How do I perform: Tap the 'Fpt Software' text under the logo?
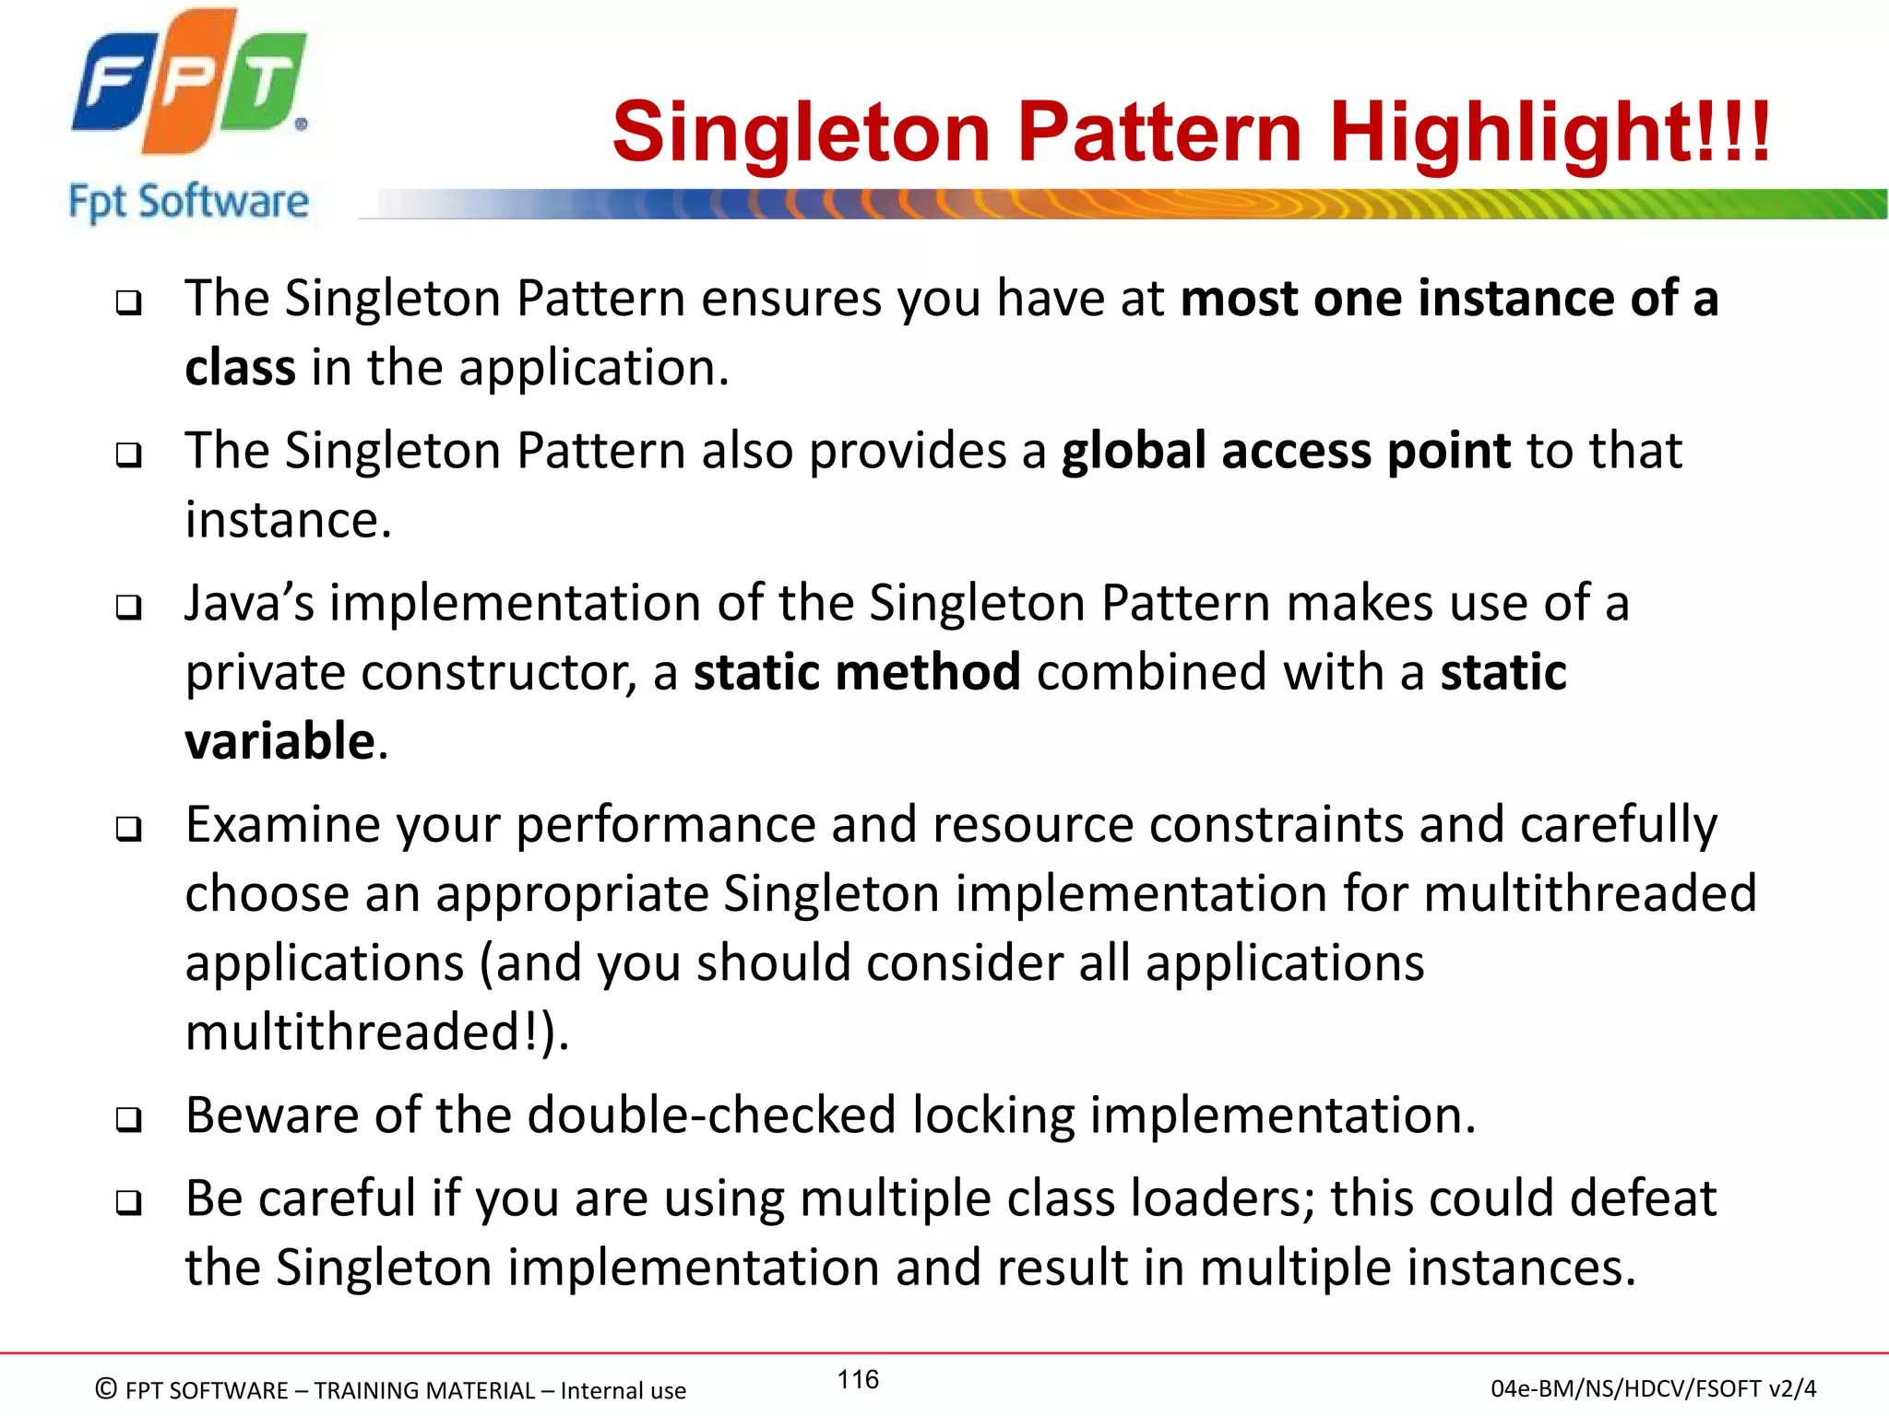pyautogui.click(x=189, y=202)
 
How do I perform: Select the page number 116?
pyautogui.click(x=858, y=1379)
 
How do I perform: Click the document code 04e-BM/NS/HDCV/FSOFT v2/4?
pyautogui.click(x=1653, y=1388)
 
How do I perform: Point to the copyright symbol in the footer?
pyautogui.click(x=106, y=1388)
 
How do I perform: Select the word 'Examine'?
pyautogui.click(x=283, y=824)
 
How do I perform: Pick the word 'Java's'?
pyautogui.click(x=249, y=603)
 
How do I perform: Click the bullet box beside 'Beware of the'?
pyautogui.click(x=129, y=1120)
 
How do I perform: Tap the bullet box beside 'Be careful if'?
pyautogui.click(x=129, y=1203)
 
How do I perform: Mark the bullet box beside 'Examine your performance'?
pyautogui.click(x=129, y=829)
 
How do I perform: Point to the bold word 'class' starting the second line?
pyautogui.click(x=240, y=368)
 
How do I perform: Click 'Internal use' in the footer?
pyautogui.click(x=623, y=1390)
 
